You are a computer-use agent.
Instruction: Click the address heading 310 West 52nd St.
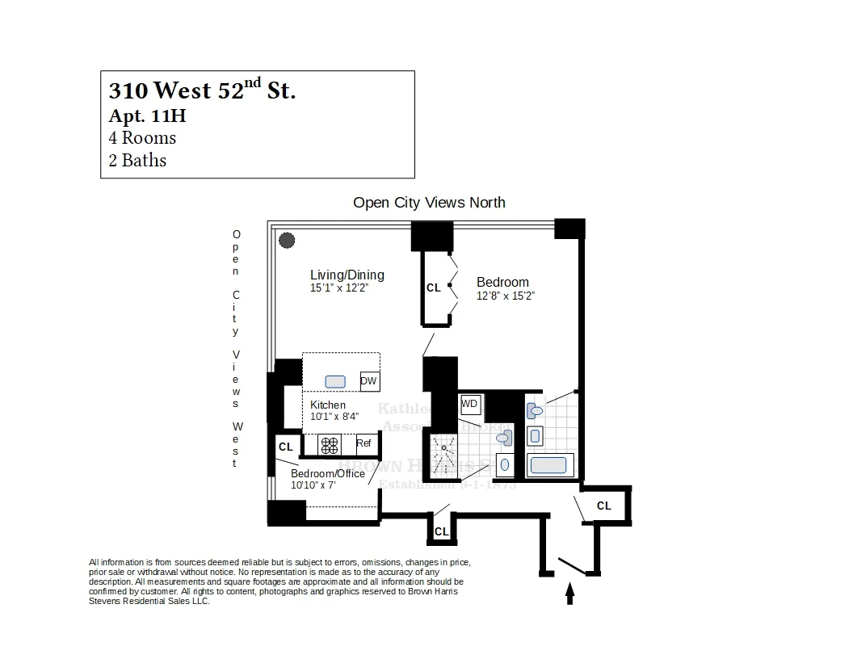(x=202, y=90)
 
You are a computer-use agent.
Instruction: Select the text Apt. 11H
(x=147, y=115)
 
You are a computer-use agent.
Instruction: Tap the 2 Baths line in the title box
(x=137, y=160)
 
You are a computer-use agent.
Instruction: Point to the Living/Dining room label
(x=347, y=275)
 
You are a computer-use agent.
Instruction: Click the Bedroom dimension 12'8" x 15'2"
(x=506, y=296)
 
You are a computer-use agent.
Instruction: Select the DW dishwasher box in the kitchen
(x=369, y=381)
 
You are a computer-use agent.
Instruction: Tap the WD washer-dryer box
(x=469, y=402)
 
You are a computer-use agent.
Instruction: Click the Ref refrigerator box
(x=363, y=443)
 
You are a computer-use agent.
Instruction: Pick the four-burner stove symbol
(x=330, y=443)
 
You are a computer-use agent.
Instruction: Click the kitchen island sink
(x=335, y=381)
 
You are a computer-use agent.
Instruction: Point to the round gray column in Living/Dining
(x=287, y=240)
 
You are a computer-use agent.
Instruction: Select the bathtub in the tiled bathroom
(x=550, y=465)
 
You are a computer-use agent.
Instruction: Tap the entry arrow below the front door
(x=569, y=594)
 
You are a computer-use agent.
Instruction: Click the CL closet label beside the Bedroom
(x=434, y=288)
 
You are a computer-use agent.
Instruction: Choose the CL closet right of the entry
(x=604, y=506)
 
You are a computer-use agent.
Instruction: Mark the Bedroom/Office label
(x=328, y=473)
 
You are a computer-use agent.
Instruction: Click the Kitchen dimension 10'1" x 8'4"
(x=334, y=416)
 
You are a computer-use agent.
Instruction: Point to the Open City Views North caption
(x=429, y=203)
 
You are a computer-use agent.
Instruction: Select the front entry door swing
(x=570, y=565)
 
